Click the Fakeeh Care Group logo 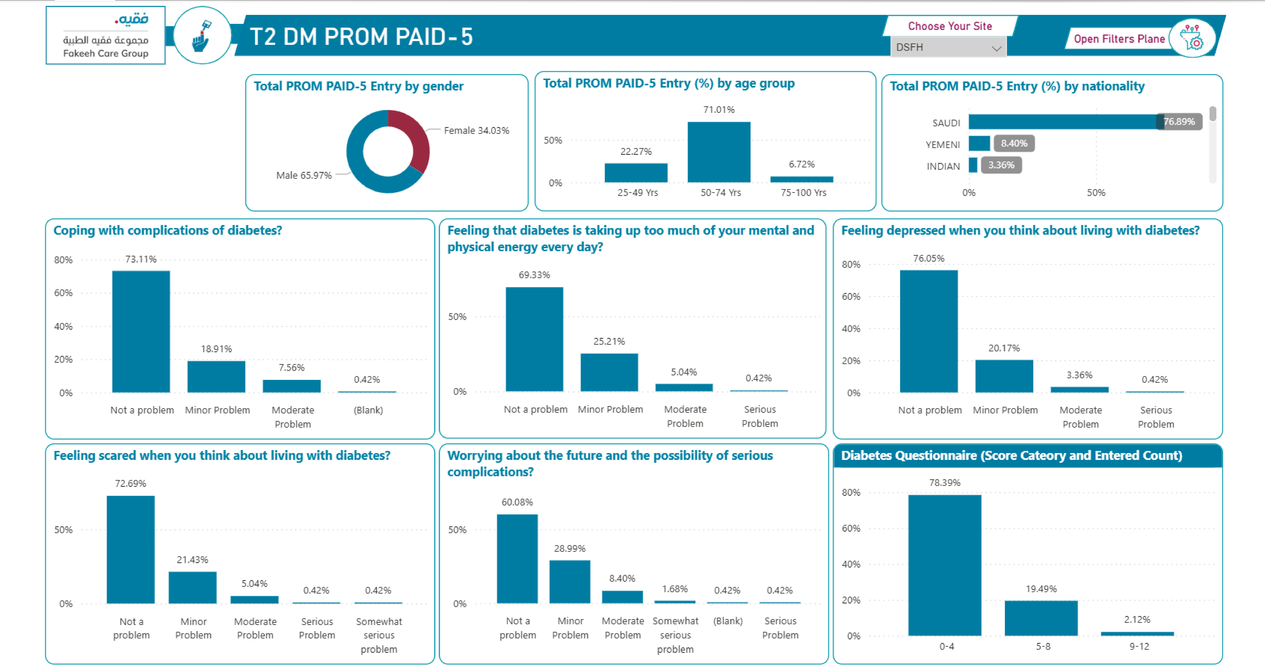point(105,35)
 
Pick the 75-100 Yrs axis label point(803,193)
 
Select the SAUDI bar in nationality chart point(1063,122)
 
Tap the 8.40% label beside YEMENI point(1014,143)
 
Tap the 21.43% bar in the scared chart point(193,587)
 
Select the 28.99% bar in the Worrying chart point(570,582)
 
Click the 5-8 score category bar point(1041,618)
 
